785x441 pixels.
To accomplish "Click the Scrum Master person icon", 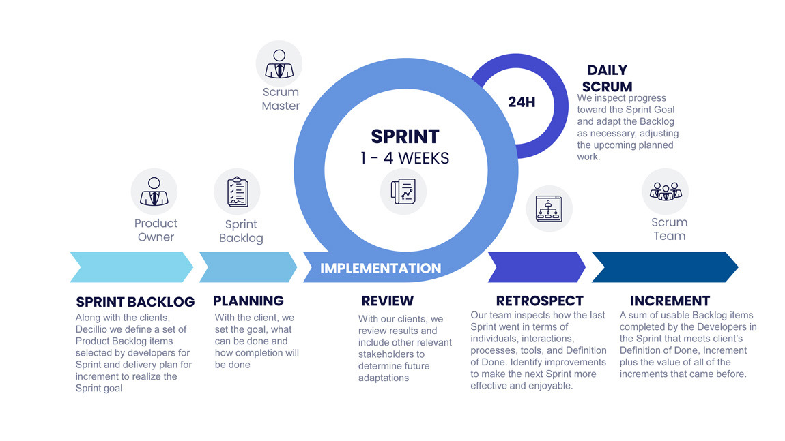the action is [x=279, y=63].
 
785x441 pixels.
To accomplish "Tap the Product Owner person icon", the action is [x=154, y=192].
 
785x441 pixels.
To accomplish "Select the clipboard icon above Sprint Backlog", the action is [x=238, y=192].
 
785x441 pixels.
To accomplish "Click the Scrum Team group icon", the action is [x=666, y=191].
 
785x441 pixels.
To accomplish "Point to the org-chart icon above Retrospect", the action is [x=549, y=209].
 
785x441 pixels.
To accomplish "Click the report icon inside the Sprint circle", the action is [x=403, y=192].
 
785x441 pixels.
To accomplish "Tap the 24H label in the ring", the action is [x=522, y=102].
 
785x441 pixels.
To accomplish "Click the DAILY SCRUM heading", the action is [x=608, y=78].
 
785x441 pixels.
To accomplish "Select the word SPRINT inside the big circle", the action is [x=405, y=136].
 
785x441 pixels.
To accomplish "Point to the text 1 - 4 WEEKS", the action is [x=405, y=158].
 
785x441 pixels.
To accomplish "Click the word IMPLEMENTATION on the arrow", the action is [x=381, y=269].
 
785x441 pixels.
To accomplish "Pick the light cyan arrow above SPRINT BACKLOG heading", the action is [x=132, y=267].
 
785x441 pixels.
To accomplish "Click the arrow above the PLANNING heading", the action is [x=248, y=267].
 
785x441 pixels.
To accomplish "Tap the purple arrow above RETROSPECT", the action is [x=537, y=267].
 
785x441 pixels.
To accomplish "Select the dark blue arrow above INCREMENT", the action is [x=665, y=267].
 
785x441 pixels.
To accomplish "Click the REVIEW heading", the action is [x=388, y=301].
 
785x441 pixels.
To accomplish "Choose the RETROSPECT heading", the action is [x=540, y=301].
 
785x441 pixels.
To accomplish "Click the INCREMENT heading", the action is [x=670, y=301].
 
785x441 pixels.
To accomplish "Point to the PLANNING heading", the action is [x=248, y=301].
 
